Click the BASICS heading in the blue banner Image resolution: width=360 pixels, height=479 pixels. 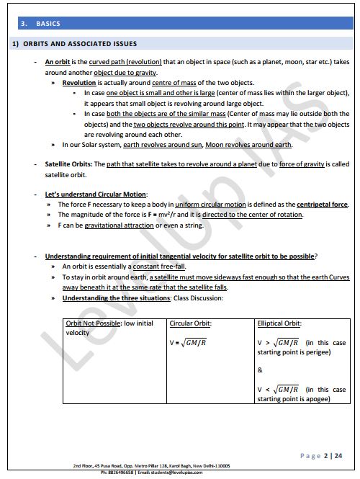pos(49,24)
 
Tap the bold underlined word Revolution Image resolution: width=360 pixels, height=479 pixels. pos(79,84)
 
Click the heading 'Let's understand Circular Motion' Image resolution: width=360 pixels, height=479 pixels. pos(96,194)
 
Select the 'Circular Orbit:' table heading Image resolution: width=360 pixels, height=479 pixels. pos(191,323)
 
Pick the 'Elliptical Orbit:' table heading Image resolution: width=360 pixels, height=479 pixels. pos(279,323)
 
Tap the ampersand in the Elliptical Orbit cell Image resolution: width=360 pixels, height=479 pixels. pos(260,370)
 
